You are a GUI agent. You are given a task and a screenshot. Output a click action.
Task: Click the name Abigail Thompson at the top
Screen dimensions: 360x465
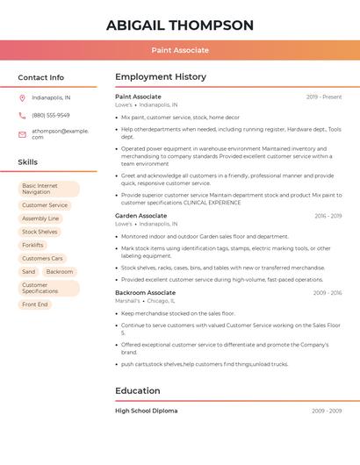(179, 25)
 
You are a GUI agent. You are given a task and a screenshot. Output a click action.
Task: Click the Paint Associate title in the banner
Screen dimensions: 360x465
(179, 51)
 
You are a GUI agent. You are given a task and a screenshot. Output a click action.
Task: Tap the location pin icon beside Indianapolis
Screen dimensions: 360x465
(22, 98)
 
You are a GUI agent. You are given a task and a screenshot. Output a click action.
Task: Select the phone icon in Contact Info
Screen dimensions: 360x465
(22, 116)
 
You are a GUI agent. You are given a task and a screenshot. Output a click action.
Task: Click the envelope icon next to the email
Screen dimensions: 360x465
(22, 134)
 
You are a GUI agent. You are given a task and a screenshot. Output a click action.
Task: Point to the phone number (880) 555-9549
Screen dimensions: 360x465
(51, 116)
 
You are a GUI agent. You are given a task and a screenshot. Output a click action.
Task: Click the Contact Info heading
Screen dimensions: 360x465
(40, 77)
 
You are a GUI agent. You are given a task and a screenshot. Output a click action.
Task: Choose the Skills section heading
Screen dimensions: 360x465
(27, 162)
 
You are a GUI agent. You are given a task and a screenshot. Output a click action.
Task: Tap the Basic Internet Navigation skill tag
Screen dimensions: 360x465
(48, 189)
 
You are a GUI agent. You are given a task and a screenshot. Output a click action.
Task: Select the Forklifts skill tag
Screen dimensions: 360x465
(32, 246)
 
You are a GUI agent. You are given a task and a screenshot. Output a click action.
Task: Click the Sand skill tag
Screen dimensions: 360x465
(29, 272)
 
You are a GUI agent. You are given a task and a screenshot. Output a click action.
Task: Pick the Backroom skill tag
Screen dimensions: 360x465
(60, 272)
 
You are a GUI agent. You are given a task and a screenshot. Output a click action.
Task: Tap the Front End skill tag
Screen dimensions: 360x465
(35, 304)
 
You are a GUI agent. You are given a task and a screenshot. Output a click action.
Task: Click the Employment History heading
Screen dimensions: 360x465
(160, 77)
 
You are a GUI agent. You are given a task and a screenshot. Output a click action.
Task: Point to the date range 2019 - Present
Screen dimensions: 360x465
(324, 97)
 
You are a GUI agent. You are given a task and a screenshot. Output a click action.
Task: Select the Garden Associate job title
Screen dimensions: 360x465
(140, 216)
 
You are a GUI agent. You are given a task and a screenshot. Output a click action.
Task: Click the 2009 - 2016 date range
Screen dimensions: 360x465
(327, 293)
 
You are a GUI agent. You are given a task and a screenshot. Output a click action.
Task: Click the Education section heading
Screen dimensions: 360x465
(137, 391)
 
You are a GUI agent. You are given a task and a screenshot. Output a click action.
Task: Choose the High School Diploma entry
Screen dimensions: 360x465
(146, 411)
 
